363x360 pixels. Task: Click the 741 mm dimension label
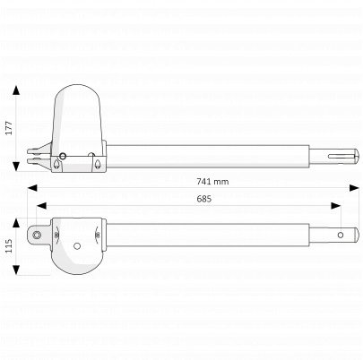click(212, 182)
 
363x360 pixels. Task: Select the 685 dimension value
click(204, 199)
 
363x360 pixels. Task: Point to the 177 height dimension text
click(9, 128)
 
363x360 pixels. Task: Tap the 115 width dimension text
click(9, 245)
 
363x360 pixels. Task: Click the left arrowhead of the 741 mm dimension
click(32, 188)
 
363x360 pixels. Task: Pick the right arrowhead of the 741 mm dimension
click(354, 188)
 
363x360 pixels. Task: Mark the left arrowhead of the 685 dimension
click(41, 205)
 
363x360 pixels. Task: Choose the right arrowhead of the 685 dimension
click(336, 205)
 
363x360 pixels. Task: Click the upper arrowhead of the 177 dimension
click(16, 90)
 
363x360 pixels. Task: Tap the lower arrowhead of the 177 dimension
click(16, 167)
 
